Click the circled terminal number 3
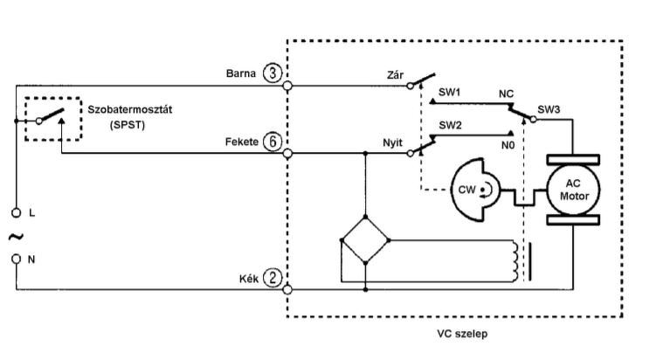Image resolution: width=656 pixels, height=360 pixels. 273,73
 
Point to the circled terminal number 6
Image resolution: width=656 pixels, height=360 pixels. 273,142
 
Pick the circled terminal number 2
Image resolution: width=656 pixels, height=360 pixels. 273,278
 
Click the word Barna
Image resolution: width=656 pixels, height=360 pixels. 241,73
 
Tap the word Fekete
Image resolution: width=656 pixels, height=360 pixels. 242,142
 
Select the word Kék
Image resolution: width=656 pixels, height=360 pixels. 249,279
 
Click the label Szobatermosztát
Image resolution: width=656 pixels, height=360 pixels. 129,110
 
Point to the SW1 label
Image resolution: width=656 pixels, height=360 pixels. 449,92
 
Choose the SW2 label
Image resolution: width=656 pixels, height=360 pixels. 450,125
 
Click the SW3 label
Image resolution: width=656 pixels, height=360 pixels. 549,109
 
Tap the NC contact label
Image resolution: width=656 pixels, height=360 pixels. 506,93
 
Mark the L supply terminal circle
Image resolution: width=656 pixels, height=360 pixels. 16,213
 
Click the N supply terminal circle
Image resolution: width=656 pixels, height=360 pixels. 16,260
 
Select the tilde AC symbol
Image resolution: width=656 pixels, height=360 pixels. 16,237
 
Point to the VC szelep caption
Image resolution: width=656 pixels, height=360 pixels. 462,334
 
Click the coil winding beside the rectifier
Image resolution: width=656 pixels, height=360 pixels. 515,260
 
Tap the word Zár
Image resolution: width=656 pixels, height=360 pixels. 396,75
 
